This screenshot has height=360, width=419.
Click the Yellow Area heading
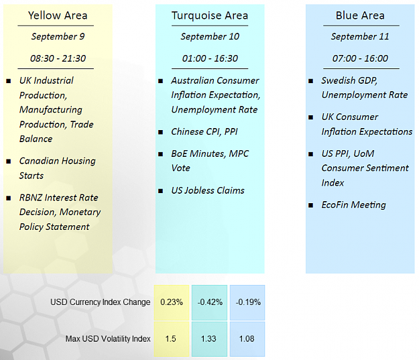pyautogui.click(x=58, y=15)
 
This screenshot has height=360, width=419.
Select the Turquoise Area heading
pyautogui.click(x=210, y=15)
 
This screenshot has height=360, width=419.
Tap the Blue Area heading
pyautogui.click(x=360, y=15)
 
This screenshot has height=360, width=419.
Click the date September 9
pyautogui.click(x=58, y=36)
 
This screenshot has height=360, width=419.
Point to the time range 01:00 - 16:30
pyautogui.click(x=210, y=58)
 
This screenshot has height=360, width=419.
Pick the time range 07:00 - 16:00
pyautogui.click(x=360, y=58)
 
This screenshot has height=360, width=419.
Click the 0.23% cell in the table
pyautogui.click(x=172, y=302)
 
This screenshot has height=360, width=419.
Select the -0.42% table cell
pyautogui.click(x=210, y=302)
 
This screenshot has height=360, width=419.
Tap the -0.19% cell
pyautogui.click(x=247, y=302)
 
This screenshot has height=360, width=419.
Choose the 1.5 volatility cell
pyautogui.click(x=172, y=339)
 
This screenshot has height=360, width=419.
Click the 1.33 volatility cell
pyautogui.click(x=210, y=339)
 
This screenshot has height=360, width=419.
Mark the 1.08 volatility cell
pyautogui.click(x=247, y=339)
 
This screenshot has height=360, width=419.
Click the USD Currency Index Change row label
pyautogui.click(x=101, y=302)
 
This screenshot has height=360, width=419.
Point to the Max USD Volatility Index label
pyautogui.click(x=108, y=339)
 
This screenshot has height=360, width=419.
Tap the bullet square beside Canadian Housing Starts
pyautogui.click(x=9, y=161)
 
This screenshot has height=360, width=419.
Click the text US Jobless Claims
pyautogui.click(x=208, y=190)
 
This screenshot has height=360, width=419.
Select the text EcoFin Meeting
pyautogui.click(x=354, y=205)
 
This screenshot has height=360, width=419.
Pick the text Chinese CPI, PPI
pyautogui.click(x=204, y=132)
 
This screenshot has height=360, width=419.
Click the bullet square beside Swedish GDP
pyautogui.click(x=311, y=80)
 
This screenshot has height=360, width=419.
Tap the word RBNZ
pyautogui.click(x=31, y=198)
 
